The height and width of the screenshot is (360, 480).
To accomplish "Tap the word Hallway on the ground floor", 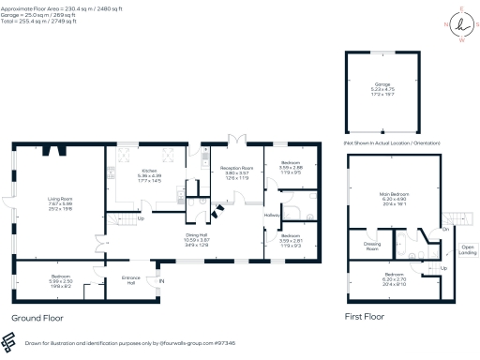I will pos(273,217).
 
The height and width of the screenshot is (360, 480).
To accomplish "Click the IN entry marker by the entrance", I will pos(160,281).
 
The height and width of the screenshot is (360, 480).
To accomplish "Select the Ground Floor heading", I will pos(37,319).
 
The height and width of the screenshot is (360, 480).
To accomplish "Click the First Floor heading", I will pos(365,318).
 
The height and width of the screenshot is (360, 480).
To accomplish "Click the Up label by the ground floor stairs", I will pos(141,219).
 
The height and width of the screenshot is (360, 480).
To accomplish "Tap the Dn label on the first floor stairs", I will pos(445,228).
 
